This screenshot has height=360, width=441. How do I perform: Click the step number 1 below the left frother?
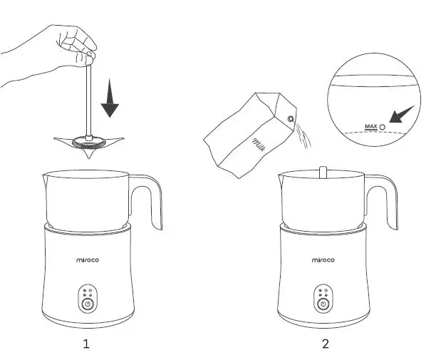[x=86, y=344]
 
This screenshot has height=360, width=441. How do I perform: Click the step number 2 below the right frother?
[x=326, y=344]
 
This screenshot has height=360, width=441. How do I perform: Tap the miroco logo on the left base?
[x=86, y=260]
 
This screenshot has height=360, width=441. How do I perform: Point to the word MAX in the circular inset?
[x=370, y=126]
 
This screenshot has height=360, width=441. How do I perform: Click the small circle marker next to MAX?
[x=383, y=126]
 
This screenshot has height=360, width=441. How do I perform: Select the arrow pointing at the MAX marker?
[x=403, y=113]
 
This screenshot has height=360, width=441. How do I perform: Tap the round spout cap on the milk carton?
[x=291, y=117]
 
